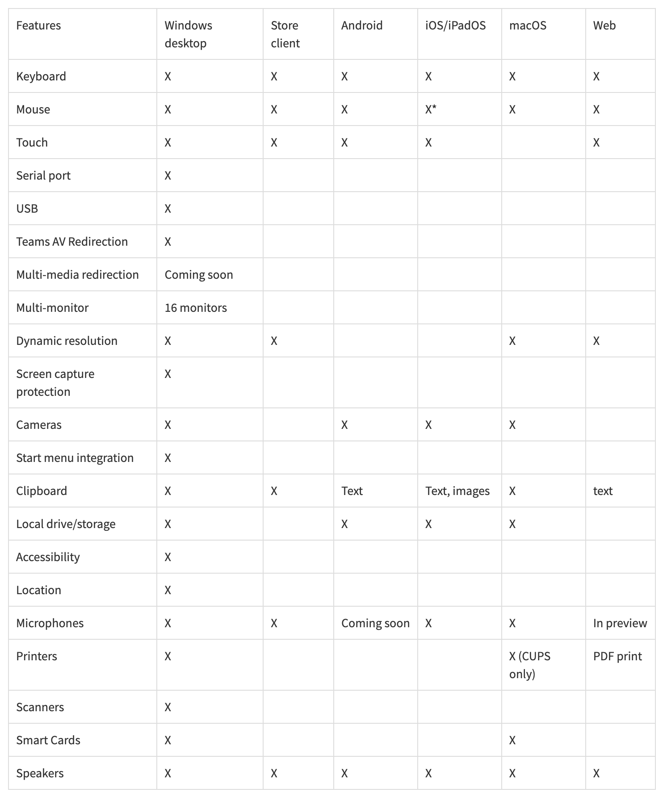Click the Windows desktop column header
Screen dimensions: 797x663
click(188, 34)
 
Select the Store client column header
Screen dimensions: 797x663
click(285, 34)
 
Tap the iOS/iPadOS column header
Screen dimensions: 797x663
click(455, 25)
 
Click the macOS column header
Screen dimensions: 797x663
click(528, 25)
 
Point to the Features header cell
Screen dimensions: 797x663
click(38, 25)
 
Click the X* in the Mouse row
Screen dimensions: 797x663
click(431, 109)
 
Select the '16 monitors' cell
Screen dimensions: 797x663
click(196, 308)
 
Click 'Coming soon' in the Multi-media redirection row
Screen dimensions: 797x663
click(199, 275)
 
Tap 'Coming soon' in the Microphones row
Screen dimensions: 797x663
click(375, 623)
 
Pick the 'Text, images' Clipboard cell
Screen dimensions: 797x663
click(457, 491)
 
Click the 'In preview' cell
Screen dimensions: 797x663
click(620, 623)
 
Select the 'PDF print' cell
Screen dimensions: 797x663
click(617, 656)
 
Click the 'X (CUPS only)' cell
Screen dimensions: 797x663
click(529, 665)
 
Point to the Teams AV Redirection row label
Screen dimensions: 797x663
click(72, 242)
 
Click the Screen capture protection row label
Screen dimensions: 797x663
click(55, 382)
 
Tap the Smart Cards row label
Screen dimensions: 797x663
click(48, 740)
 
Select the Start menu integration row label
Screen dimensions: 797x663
click(75, 458)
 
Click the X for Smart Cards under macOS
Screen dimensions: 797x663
click(512, 740)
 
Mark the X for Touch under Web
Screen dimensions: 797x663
click(596, 143)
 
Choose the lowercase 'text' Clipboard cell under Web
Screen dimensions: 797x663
click(603, 491)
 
